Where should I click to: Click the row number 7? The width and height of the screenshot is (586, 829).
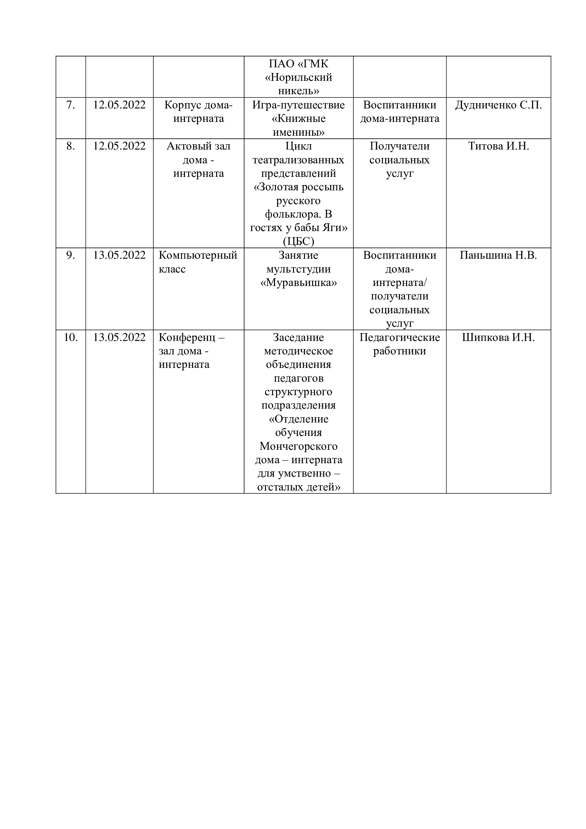[x=71, y=105]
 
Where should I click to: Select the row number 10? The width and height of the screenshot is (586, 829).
[x=71, y=338]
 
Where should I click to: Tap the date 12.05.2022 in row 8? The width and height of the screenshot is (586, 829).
[x=119, y=146]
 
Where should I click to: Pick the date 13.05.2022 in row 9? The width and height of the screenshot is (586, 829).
[x=119, y=255]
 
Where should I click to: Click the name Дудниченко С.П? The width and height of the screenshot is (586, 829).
[x=498, y=105]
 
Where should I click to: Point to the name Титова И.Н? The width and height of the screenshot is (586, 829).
[x=498, y=146]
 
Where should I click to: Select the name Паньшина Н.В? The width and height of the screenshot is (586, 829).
[x=498, y=255]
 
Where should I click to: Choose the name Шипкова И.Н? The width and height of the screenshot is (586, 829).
[x=498, y=338]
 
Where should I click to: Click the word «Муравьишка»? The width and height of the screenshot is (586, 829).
[x=298, y=283]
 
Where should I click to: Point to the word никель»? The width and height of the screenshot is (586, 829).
[x=298, y=91]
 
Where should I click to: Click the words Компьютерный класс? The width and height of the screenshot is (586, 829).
[x=198, y=262]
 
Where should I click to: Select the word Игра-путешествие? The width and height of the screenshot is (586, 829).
[x=298, y=105]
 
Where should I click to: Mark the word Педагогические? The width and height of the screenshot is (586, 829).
[x=399, y=338]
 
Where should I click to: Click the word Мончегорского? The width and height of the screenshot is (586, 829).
[x=298, y=446]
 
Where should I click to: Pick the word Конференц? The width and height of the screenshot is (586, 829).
[x=187, y=338]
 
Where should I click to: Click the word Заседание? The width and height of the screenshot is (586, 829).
[x=298, y=338]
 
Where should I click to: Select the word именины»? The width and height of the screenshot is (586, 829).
[x=298, y=133]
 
